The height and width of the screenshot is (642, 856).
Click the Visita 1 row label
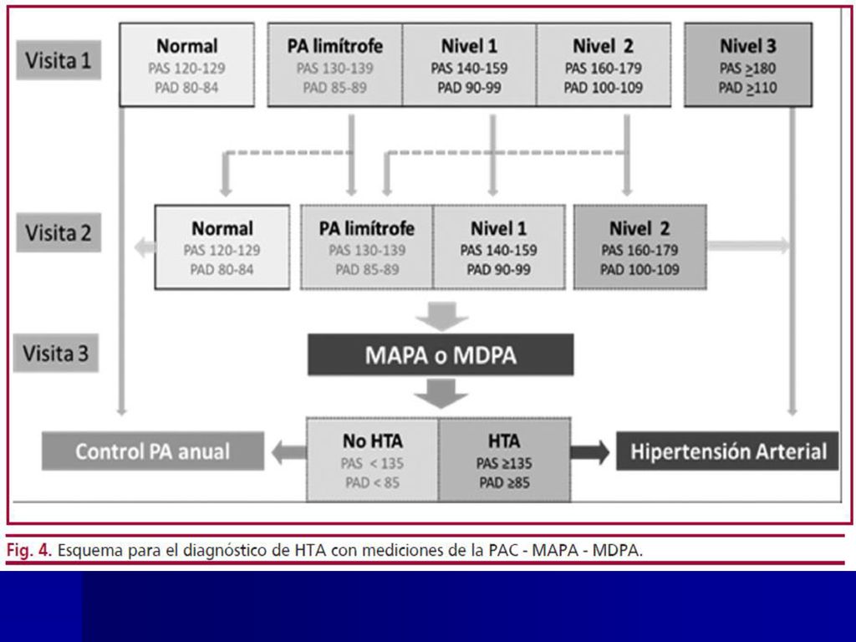pos(59,60)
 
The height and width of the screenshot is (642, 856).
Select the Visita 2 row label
pos(59,232)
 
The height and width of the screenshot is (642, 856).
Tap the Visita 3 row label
pos(56,354)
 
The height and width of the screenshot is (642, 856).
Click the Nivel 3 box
pos(748,65)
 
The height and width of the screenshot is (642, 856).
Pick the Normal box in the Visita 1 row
pos(186,65)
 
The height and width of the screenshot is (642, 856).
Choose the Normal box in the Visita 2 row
pos(222,247)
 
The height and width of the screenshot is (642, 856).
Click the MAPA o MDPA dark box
pos(441,354)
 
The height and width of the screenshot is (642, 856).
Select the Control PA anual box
pos(153,451)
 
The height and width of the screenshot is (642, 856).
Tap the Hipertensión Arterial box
pos(727,451)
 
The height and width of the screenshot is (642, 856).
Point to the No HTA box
pos(372,460)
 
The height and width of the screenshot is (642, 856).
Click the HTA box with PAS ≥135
pos(504,460)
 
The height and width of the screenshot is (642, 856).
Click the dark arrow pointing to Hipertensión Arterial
pos(590,452)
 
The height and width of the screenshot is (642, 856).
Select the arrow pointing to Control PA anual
pos(288,452)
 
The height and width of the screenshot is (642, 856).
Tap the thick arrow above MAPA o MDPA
pos(441,316)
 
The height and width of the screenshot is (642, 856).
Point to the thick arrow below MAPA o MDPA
pos(441,393)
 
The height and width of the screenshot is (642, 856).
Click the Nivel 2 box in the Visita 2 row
pos(639,247)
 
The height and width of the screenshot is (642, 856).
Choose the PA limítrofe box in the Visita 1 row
pos(334,65)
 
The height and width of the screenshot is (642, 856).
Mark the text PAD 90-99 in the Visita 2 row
pos(498,270)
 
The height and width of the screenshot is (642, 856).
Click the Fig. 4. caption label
pos(29,550)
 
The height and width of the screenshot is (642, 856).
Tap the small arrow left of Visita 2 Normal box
pos(145,247)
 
